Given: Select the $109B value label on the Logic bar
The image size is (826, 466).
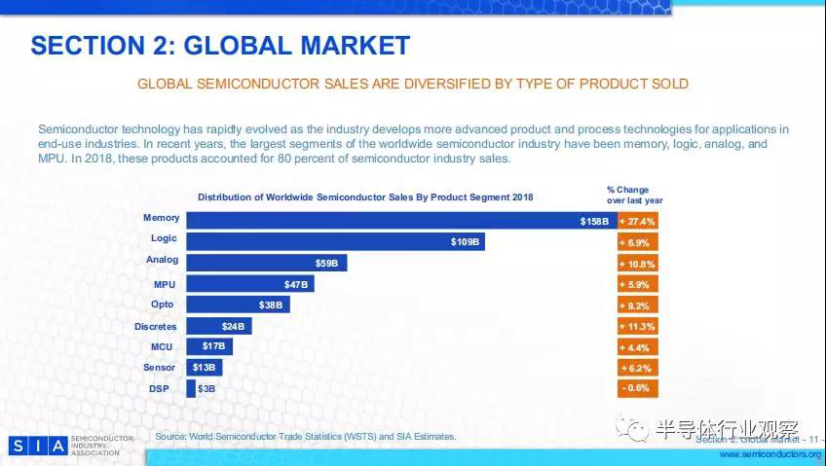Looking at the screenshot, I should coord(466,241).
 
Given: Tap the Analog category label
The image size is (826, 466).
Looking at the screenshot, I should coord(162,261).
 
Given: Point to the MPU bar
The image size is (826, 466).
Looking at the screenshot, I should coord(249,284).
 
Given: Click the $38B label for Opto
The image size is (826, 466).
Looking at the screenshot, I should coord(271,305).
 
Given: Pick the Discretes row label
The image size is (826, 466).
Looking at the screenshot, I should coord(156,326).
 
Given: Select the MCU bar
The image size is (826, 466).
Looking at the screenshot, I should coord(208,346).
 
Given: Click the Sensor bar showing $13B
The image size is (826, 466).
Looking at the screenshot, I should coord(204,368).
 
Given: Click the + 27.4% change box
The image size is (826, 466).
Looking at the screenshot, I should coord(638,221).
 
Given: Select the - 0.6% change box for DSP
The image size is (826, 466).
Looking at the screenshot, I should coord(638,388).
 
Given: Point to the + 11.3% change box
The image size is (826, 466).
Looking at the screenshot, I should coord(638,326).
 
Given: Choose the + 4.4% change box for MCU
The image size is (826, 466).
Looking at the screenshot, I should coord(638,347).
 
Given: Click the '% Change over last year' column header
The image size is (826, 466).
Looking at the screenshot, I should coord(635,195).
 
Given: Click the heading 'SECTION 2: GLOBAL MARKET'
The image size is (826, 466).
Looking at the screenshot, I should coord(220,45).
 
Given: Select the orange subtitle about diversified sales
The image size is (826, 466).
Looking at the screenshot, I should coord(413,84).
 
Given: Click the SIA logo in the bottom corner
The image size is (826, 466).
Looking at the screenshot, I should coord(38,446).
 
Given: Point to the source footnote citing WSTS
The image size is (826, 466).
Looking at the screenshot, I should coord(305,437).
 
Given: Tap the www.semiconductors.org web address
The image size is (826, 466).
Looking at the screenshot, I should coord(770,454).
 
